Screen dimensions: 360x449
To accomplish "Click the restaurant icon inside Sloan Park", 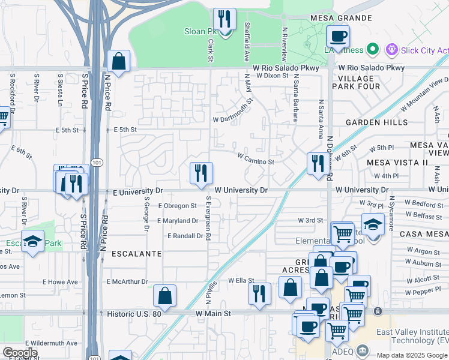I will tap(225, 20).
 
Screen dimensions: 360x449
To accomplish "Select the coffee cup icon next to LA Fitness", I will tap(338, 37).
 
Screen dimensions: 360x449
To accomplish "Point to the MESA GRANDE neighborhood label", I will tap(341, 18).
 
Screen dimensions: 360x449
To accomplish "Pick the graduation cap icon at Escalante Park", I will tap(33, 241).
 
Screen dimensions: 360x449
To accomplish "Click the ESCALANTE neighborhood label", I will tap(136, 254).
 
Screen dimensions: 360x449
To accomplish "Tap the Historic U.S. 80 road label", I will tap(133, 314).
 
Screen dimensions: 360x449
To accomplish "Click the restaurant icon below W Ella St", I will tap(259, 294).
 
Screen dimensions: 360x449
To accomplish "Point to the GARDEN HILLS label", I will tap(372, 122).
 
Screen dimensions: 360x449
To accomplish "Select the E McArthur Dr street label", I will tap(127, 281).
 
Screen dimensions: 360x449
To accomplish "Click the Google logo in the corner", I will tap(20, 353).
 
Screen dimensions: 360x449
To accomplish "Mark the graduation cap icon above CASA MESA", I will tap(373, 225).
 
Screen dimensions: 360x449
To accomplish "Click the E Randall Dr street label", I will tap(185, 236).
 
